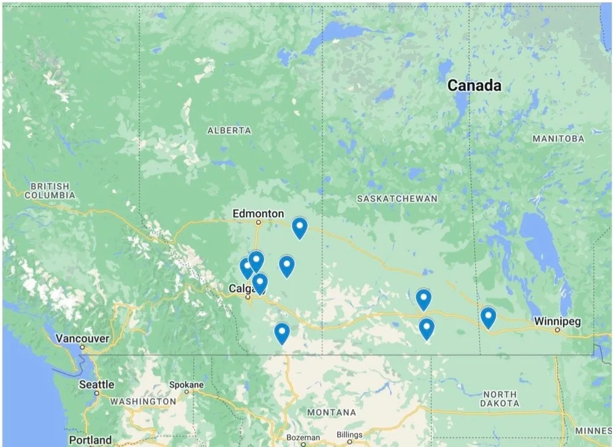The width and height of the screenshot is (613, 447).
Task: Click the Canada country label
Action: click(474, 85)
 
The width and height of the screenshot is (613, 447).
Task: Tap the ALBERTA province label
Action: click(229, 130)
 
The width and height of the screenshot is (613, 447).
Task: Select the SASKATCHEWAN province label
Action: click(397, 199)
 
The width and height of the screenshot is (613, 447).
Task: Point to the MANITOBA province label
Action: click(558, 139)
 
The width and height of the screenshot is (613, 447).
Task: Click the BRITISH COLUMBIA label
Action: click(50, 190)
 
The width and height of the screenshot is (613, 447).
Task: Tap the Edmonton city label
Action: click(258, 214)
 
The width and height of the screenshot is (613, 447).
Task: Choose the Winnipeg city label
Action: click(557, 321)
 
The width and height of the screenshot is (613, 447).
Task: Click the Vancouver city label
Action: click(82, 338)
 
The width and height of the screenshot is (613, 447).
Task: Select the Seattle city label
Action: click(96, 385)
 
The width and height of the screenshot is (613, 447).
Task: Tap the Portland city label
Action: click(90, 440)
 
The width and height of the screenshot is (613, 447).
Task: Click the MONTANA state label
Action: click(332, 412)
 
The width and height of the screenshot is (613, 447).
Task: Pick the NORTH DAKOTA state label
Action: click(500, 399)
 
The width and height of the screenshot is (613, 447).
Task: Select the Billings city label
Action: click(350, 434)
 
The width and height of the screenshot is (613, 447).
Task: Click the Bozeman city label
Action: click(303, 437)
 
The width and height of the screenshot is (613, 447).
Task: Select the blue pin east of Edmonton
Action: click(299, 228)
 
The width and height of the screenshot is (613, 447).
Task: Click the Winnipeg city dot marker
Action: click(557, 330)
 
